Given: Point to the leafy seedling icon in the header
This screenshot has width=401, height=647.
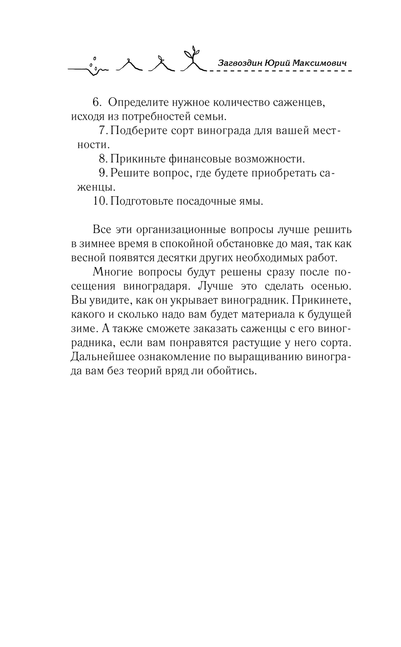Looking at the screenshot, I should [x=191, y=60].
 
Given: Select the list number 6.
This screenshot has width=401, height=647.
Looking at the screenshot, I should [x=97, y=102].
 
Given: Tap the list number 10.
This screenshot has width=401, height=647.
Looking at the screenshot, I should [x=100, y=201].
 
